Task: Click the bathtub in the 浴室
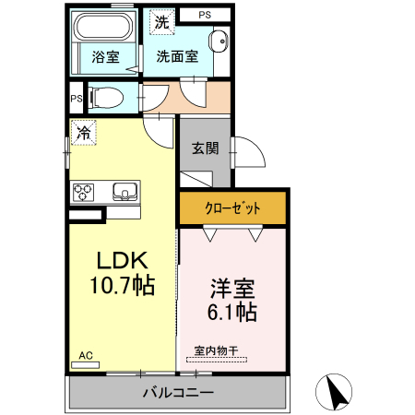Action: point(104,26)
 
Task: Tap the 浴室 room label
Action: point(105,57)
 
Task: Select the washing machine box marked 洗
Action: point(162,22)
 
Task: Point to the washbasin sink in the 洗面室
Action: point(219,41)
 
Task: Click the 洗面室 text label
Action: point(177,56)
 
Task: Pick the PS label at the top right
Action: point(205,15)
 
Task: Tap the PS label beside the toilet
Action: point(77,99)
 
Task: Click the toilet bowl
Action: point(106,98)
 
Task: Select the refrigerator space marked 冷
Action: point(84,133)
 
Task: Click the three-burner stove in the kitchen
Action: point(83,192)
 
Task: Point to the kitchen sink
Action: point(125,192)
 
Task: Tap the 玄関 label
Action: point(205,148)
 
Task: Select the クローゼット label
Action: point(232,208)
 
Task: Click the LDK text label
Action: point(123,261)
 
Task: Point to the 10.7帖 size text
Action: point(122,285)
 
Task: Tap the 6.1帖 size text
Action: point(232,312)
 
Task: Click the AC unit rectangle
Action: point(86,365)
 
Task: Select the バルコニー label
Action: point(178,392)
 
